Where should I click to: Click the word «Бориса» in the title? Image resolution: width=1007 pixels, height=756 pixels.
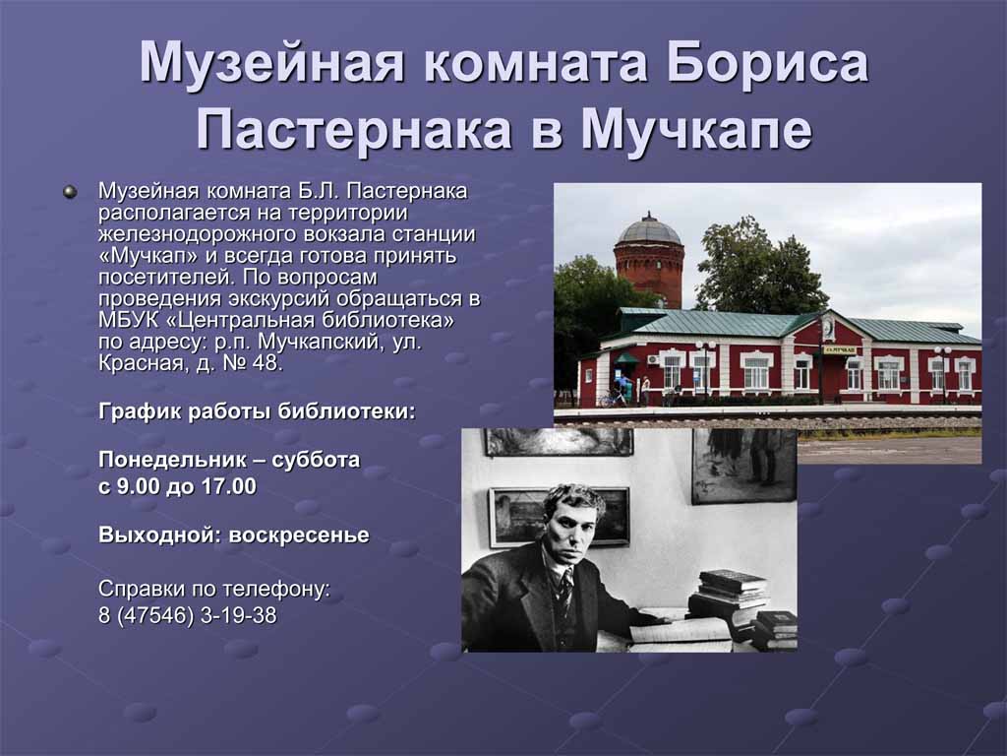click(767, 62)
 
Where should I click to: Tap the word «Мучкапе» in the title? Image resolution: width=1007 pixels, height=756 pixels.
click(697, 128)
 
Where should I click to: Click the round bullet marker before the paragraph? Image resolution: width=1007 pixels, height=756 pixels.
click(70, 192)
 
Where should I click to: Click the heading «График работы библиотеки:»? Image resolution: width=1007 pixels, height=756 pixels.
click(257, 411)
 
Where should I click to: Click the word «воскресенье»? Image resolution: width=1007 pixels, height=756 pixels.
click(299, 535)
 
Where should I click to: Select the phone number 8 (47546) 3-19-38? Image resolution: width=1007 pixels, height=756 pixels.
click(188, 615)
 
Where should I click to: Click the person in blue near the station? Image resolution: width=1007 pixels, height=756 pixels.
click(621, 390)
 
